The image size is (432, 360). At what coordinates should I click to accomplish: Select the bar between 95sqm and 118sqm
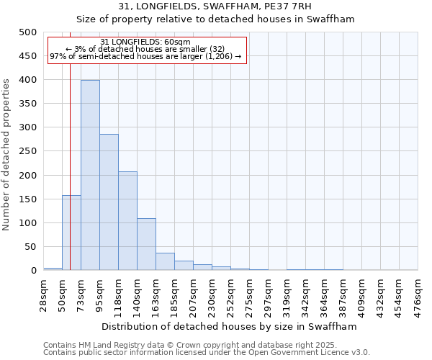[x=109, y=202]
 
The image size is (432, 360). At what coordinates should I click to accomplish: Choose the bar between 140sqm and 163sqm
[x=146, y=244]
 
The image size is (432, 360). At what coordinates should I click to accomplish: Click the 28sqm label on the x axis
[x=43, y=294]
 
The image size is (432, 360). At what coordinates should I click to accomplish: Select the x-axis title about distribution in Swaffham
[x=229, y=326]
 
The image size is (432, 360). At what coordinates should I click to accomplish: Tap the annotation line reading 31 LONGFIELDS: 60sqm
[x=146, y=42]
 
